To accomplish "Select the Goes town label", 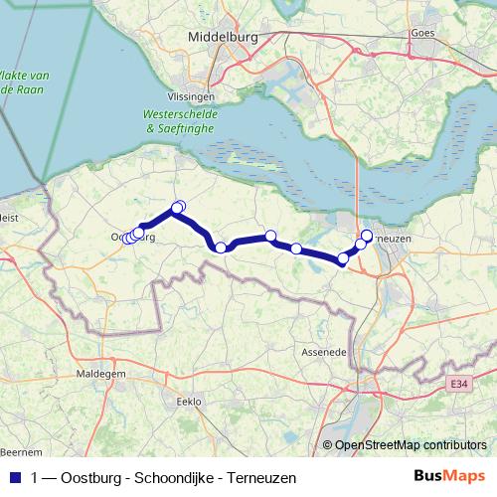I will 423,33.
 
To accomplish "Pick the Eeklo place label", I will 188,402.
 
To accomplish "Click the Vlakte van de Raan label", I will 24,83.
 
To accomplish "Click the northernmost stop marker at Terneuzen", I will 366,236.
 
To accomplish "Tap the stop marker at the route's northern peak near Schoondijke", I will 178,208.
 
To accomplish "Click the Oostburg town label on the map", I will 134,238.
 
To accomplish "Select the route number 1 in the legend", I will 36,477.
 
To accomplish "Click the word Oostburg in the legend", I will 90,477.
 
